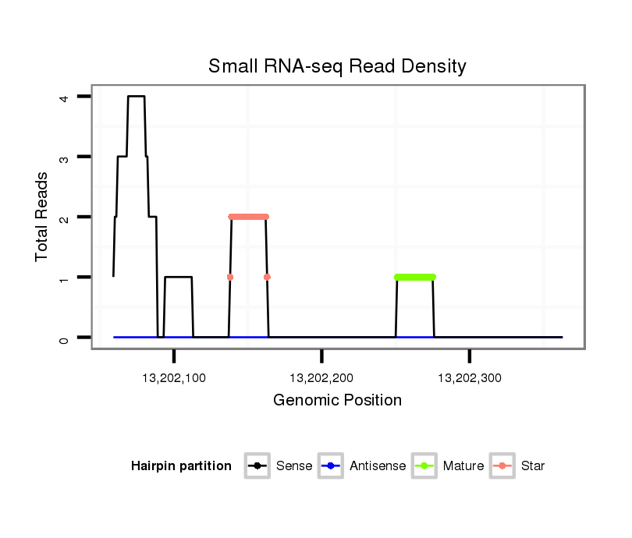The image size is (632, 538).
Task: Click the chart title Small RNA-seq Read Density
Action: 337,66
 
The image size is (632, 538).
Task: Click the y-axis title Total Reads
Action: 42,217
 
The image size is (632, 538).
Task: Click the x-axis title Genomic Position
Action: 337,401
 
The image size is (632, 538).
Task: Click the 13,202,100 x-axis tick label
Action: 174,378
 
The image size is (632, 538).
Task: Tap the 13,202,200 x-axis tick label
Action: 321,378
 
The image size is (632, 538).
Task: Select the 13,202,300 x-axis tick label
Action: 469,378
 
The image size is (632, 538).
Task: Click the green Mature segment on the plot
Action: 415,277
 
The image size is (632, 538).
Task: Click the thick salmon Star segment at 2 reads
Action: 248,217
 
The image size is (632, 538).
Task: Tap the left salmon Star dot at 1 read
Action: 230,277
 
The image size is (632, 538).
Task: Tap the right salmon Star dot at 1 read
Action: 267,277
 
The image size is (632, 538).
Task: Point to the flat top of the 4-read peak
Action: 137,97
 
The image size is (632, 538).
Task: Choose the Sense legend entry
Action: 279,466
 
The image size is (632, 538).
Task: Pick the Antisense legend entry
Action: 363,466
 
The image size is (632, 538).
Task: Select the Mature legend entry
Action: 449,466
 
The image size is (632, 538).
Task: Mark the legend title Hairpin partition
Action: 181,466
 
